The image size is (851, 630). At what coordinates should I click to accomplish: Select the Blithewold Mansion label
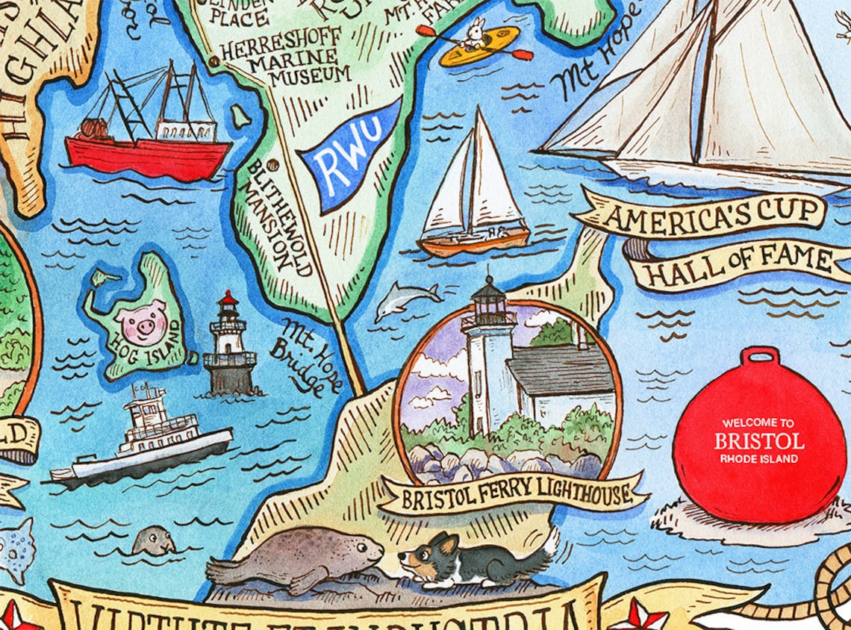pyautogui.click(x=272, y=216)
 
